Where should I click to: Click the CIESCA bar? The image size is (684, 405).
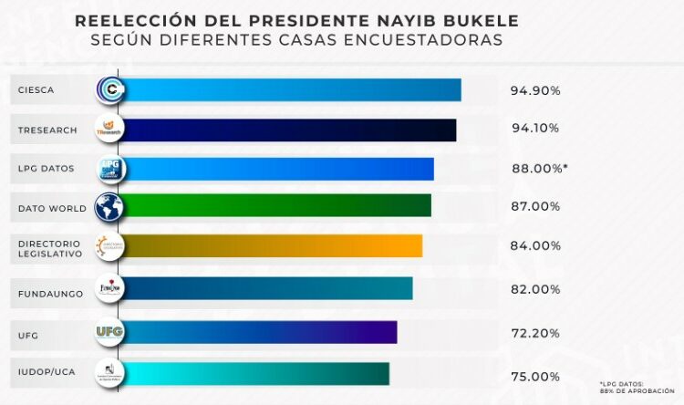tap(292, 89)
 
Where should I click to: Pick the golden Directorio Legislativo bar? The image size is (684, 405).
tap(274, 246)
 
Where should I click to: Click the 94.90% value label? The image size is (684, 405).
tap(535, 91)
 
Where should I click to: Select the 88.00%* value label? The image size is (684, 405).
tap(539, 168)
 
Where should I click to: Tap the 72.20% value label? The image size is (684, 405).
tap(535, 333)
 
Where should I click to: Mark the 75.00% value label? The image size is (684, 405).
tap(535, 376)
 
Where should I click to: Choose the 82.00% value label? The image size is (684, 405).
tap(535, 289)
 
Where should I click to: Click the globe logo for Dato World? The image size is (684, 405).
tap(109, 207)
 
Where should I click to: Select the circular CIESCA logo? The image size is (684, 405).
tap(110, 89)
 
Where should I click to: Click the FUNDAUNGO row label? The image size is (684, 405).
tap(51, 294)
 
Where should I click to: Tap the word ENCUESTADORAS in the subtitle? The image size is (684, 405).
tap(440, 41)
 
